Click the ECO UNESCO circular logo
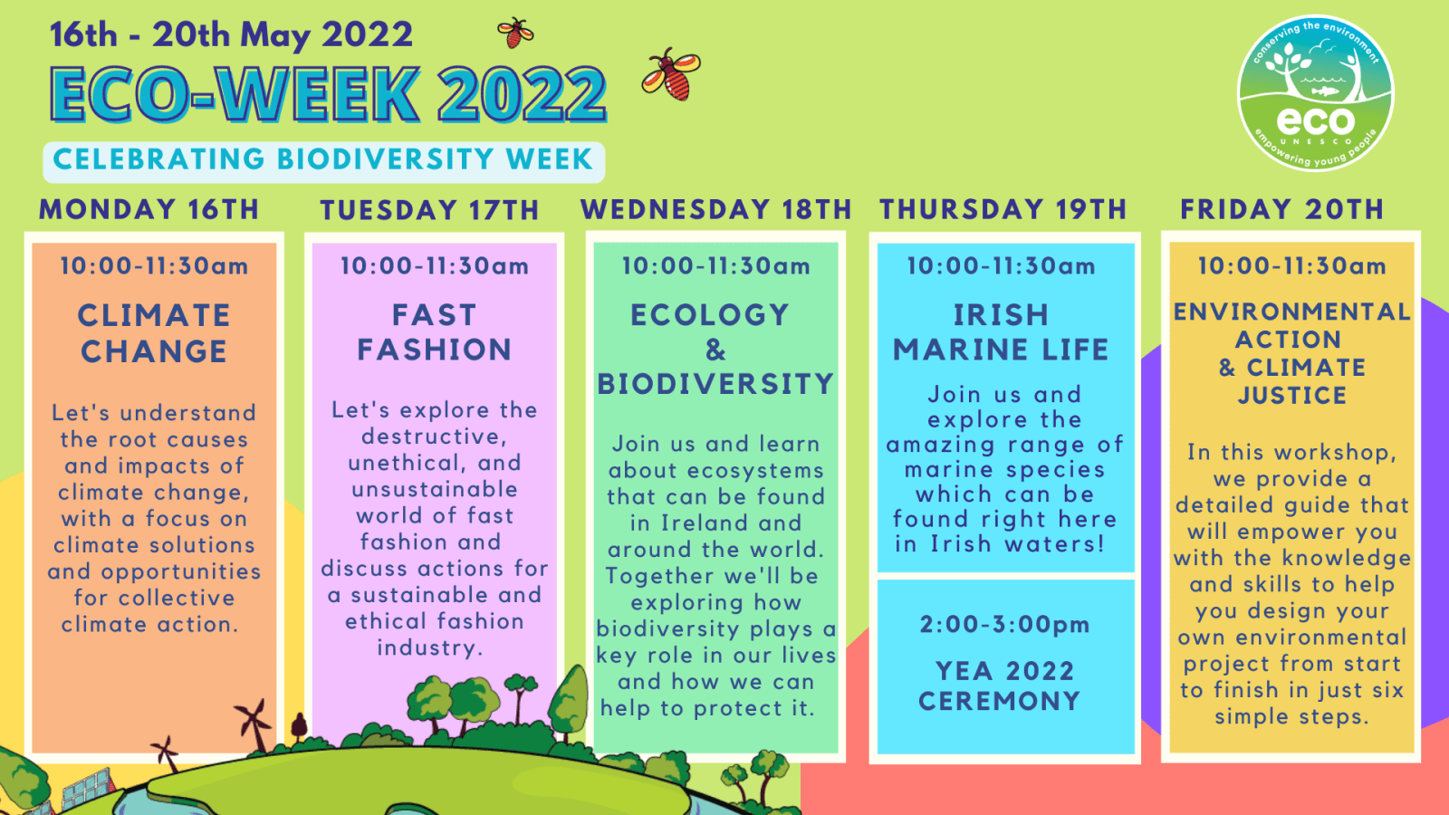click(1315, 93)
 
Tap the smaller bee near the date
click(515, 33)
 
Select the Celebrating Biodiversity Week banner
click(323, 160)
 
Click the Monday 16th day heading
click(149, 209)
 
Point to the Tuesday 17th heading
click(429, 210)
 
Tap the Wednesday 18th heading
click(715, 209)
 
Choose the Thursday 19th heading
click(1003, 209)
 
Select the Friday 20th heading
click(1281, 209)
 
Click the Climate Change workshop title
click(154, 333)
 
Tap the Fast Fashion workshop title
click(434, 332)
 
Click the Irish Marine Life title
click(1001, 332)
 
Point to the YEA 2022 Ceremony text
click(1001, 686)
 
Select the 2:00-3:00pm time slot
click(1004, 625)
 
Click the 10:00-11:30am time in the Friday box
click(1291, 266)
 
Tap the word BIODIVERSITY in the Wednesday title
click(715, 384)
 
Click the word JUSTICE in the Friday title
click(1292, 396)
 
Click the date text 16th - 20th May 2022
click(231, 35)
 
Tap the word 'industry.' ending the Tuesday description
click(430, 648)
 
